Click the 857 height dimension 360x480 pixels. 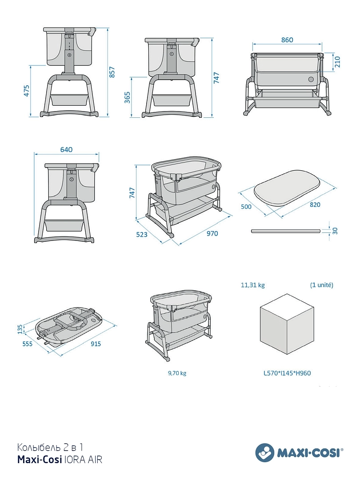[112, 72]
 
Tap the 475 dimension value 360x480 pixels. [27, 91]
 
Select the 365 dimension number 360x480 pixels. [128, 97]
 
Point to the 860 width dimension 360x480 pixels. [287, 40]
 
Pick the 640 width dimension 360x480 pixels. [66, 149]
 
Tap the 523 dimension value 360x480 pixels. [142, 235]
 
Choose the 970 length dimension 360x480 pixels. [212, 234]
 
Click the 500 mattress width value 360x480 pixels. [246, 207]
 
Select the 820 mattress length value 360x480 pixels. [315, 204]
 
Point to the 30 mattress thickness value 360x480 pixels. [335, 231]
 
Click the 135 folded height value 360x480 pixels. [20, 329]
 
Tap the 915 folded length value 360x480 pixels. [96, 344]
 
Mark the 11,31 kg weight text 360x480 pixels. [253, 285]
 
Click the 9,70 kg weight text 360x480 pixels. [177, 373]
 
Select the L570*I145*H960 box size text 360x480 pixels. [287, 373]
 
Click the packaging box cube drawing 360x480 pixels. [287, 324]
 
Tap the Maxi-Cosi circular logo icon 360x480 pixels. [265, 452]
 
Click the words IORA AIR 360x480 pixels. [83, 460]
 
